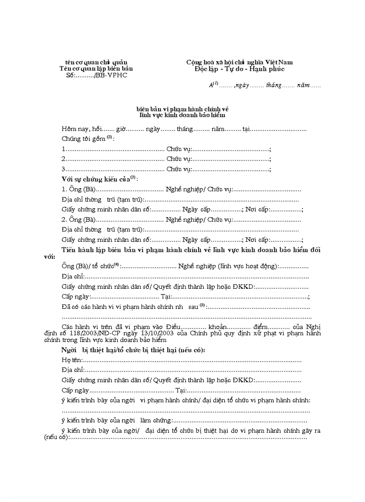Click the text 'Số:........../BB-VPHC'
click(96, 75)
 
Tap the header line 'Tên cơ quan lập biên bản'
click(96, 69)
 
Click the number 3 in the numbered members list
click(64, 169)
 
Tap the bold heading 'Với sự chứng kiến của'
click(95, 179)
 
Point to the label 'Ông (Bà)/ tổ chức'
click(88, 266)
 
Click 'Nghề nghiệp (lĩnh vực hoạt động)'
click(228, 266)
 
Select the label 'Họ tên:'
click(72, 360)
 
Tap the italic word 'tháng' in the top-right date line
click(273, 85)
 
